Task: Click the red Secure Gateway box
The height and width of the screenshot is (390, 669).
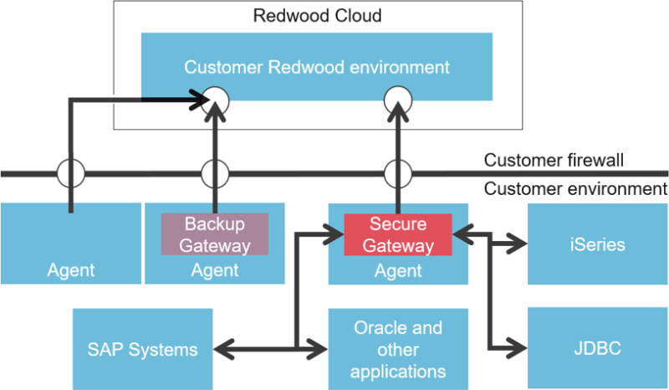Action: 398,235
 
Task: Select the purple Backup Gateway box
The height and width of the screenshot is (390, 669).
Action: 215,234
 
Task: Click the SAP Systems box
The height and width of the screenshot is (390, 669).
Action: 142,348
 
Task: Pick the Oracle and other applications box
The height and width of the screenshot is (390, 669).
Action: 398,348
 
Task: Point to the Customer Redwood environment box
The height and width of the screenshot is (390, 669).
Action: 316,67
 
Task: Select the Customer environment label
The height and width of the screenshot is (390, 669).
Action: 575,188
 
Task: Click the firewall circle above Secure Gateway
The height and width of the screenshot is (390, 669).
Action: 398,175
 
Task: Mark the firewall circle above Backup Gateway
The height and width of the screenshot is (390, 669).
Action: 215,175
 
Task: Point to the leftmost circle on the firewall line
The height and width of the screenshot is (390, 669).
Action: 70,175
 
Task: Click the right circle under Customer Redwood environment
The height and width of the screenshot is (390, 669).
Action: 398,101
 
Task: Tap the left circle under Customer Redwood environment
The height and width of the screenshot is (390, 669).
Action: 217,101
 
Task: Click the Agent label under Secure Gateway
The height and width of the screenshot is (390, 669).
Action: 398,270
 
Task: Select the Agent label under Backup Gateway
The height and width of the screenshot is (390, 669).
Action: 215,270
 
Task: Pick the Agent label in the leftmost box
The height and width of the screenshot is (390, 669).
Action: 71,270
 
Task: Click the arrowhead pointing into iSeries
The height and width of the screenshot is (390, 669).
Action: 519,245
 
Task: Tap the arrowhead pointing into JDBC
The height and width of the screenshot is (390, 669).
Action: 519,348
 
